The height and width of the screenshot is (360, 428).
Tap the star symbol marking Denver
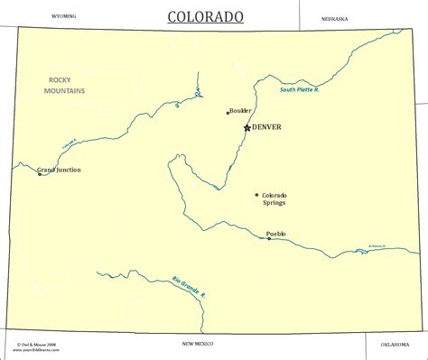click(247, 128)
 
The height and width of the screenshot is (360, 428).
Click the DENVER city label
click(266, 127)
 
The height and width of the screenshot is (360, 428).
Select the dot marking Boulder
click(228, 113)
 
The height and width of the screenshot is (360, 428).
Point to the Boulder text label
click(240, 111)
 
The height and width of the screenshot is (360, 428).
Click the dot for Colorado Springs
click(256, 195)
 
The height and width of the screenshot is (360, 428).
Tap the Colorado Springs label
click(274, 199)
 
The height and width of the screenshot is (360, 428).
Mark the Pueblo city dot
click(268, 238)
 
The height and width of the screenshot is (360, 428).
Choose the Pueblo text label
click(275, 233)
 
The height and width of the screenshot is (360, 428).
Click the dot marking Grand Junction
click(39, 174)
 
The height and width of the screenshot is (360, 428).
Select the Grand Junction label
click(59, 169)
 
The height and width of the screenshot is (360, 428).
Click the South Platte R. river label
click(300, 89)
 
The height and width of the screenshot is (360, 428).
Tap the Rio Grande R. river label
click(190, 289)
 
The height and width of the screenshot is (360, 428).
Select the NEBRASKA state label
click(334, 18)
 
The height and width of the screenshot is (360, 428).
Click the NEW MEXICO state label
click(199, 344)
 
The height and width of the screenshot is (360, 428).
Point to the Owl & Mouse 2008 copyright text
click(36, 344)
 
